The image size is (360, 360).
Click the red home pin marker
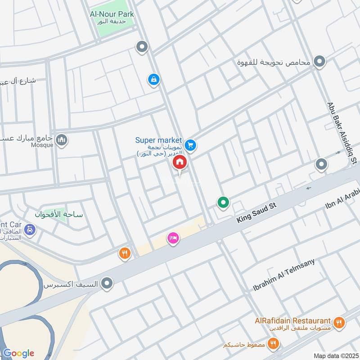pyautogui.click(x=180, y=162)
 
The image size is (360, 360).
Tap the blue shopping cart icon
pyautogui.click(x=190, y=145)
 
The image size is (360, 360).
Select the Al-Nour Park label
pyautogui.click(x=112, y=14)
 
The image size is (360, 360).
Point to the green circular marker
pyautogui.click(x=223, y=203)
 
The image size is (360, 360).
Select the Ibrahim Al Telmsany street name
pyautogui.click(x=283, y=274)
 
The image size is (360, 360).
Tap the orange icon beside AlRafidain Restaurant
pyautogui.click(x=339, y=322)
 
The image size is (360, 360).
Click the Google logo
pyautogui.click(x=18, y=353)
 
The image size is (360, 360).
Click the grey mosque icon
pyautogui.click(x=62, y=140)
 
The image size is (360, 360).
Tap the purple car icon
pyautogui.click(x=30, y=229)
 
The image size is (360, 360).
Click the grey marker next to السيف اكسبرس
pyautogui.click(x=107, y=283)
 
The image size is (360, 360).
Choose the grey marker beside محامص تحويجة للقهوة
pyautogui.click(x=319, y=62)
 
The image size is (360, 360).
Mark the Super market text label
pyautogui.click(x=159, y=140)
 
